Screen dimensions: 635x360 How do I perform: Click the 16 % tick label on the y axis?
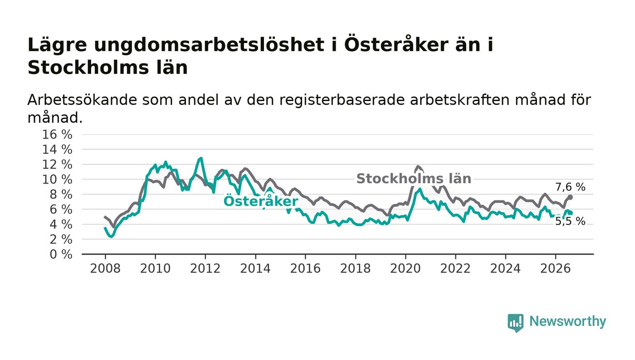[57, 134]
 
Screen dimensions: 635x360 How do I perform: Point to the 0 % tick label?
[61, 254]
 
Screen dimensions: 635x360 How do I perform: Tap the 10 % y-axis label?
[57, 180]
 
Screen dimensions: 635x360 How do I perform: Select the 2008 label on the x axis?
[105, 269]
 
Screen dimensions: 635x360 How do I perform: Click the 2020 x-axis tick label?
[405, 269]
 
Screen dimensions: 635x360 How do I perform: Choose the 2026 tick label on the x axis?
[555, 269]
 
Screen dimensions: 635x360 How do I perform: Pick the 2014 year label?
[255, 269]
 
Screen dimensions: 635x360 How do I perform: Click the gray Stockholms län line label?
[414, 179]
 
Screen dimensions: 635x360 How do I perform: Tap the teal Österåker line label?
[261, 201]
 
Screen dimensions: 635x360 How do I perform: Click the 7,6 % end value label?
[570, 187]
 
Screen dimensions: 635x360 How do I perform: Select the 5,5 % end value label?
[570, 221]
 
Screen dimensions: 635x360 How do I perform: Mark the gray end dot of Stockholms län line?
[571, 197]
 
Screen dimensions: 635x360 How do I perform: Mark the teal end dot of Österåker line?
[571, 213]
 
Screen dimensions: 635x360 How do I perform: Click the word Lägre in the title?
[57, 45]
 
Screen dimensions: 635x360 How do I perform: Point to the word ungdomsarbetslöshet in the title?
[209, 45]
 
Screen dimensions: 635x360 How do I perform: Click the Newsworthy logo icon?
[515, 323]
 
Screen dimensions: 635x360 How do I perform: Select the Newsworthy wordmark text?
[567, 322]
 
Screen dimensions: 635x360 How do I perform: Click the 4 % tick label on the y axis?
[61, 224]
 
